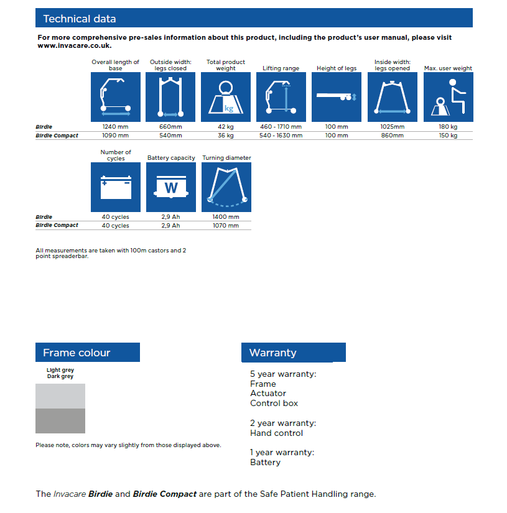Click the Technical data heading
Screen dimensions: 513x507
click(79, 19)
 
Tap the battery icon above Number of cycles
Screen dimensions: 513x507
click(116, 187)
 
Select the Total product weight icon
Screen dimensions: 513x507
click(226, 97)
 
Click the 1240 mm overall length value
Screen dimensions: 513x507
click(116, 127)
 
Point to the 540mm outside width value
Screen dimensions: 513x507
click(170, 136)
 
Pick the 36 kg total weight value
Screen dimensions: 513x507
click(226, 136)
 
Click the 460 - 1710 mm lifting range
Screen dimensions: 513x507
click(282, 127)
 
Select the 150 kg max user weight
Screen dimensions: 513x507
click(448, 136)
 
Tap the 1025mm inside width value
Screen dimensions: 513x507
click(393, 127)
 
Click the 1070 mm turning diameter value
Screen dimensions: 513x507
click(226, 226)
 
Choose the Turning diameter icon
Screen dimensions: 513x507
click(226, 187)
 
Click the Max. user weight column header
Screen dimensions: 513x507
click(448, 68)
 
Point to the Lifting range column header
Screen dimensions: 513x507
click(281, 68)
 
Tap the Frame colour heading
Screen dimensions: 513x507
click(77, 353)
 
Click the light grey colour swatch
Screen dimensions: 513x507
click(60, 396)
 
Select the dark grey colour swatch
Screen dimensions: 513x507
click(60, 421)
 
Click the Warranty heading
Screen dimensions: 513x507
click(273, 353)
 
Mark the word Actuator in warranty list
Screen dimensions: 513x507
click(268, 394)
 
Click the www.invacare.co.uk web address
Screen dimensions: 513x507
click(75, 46)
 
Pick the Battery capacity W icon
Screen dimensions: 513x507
click(171, 187)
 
